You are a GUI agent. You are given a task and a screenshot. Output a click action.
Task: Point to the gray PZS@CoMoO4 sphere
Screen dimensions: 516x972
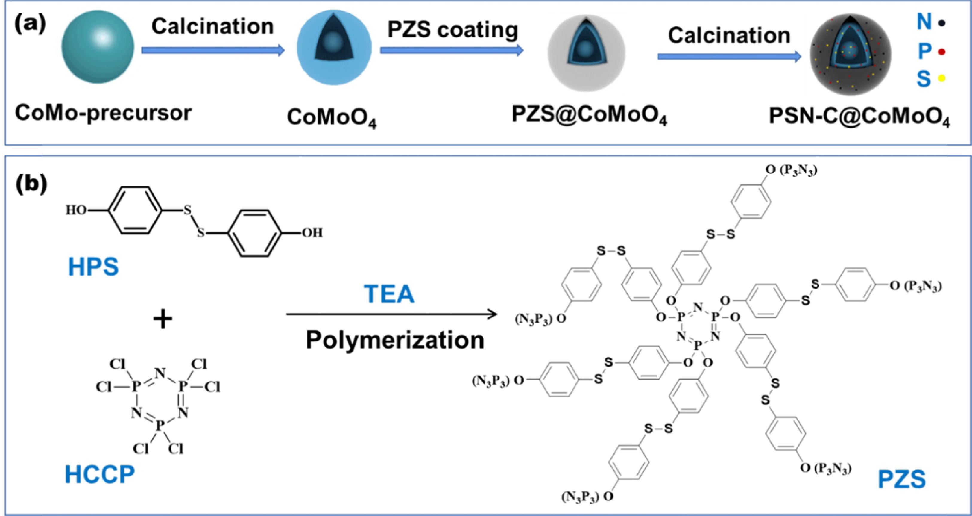pos(586,52)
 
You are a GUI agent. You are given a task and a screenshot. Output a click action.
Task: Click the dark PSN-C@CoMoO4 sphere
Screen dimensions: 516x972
pos(850,55)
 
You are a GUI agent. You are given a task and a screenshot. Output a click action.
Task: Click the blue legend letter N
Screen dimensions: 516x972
pos(924,22)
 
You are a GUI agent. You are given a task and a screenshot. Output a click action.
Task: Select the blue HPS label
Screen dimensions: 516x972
pos(93,267)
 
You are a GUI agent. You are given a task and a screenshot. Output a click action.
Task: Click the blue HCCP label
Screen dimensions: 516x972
pos(100,474)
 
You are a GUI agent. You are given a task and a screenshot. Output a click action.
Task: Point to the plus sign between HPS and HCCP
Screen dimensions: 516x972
pos(162,319)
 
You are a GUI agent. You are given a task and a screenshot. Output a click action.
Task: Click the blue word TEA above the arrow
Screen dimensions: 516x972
pos(389,294)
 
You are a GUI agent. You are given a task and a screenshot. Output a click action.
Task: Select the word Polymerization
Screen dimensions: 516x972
pos(395,340)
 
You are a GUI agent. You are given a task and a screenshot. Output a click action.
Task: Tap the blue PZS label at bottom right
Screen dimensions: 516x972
pos(901,479)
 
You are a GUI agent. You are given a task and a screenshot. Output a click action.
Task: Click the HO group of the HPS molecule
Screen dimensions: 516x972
pos(76,210)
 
